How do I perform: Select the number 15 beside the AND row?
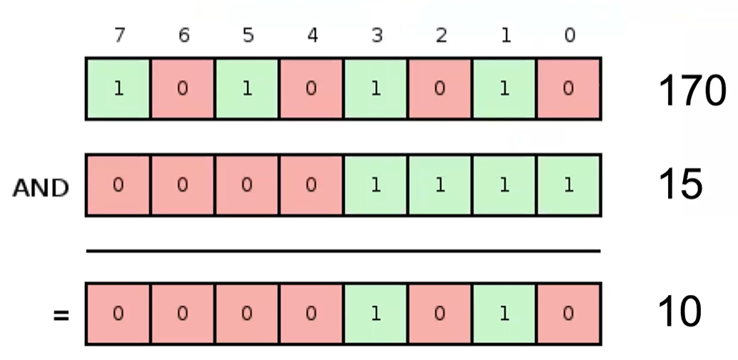[x=680, y=185]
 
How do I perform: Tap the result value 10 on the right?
[x=679, y=312]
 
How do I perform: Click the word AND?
[x=41, y=189]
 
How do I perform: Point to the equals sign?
[x=60, y=314]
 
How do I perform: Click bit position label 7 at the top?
[x=119, y=36]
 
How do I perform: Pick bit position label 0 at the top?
[x=569, y=36]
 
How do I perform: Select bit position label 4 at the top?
[x=311, y=36]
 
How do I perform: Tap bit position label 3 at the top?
[x=376, y=36]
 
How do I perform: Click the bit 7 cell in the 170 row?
[x=119, y=89]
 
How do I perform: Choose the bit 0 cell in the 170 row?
[x=569, y=89]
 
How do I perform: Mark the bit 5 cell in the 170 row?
[x=247, y=89]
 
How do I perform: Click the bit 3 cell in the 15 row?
[x=376, y=185]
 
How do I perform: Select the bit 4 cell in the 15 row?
[x=311, y=185]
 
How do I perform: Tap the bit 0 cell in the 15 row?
[x=569, y=185]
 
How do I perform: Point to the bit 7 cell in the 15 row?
[x=119, y=185]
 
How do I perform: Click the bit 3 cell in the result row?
[x=376, y=314]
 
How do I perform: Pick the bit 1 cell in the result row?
[x=504, y=314]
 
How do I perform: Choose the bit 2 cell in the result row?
[x=440, y=314]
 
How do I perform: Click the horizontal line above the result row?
[x=343, y=251]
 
